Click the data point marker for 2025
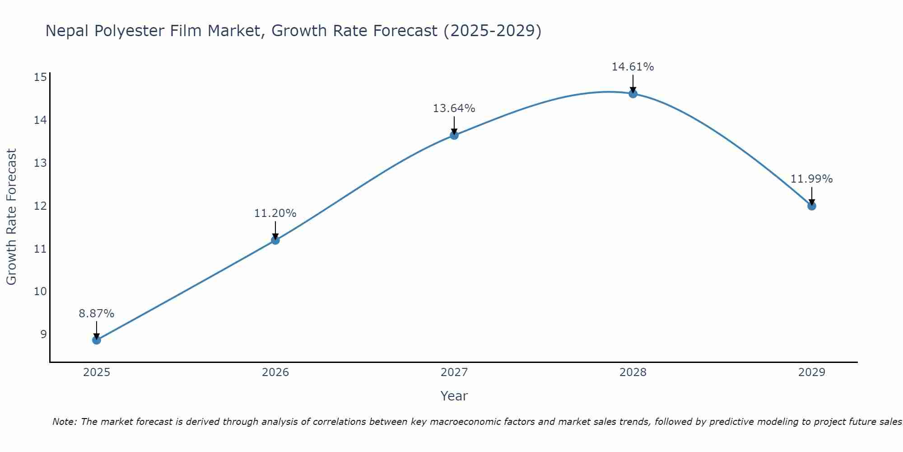click(97, 340)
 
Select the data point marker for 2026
click(275, 240)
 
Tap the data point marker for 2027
click(454, 135)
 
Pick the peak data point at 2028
click(633, 94)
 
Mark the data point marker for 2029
click(812, 206)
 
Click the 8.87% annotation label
click(97, 313)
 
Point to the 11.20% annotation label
click(275, 213)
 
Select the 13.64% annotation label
click(454, 108)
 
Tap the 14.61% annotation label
click(633, 67)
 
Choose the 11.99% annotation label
click(811, 179)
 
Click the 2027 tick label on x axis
click(454, 372)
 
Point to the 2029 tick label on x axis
click(812, 372)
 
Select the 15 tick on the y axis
click(41, 77)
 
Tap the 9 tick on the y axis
click(43, 334)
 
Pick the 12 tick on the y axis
click(41, 206)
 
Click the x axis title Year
click(454, 396)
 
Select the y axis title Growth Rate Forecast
click(11, 217)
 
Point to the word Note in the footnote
click(64, 422)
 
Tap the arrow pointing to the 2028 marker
click(633, 84)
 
